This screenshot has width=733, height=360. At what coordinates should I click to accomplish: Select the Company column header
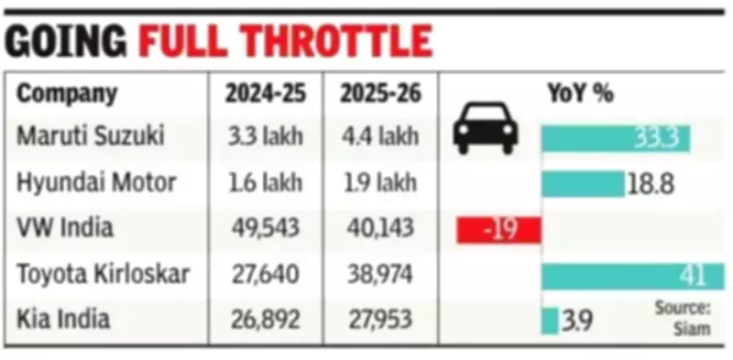coord(68,93)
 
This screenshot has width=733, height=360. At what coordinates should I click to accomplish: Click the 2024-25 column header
coord(266,93)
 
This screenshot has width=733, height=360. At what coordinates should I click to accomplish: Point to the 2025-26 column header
coord(379,93)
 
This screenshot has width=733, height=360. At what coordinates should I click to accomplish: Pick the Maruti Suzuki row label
coord(91,137)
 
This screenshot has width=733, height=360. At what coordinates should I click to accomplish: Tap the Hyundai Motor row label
coord(96,182)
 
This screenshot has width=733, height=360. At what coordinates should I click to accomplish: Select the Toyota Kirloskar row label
coord(105,274)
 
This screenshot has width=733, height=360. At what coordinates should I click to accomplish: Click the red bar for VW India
coord(498,229)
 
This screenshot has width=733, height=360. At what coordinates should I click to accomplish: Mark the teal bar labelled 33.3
coord(616,138)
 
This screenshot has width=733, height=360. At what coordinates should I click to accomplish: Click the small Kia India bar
coord(549,321)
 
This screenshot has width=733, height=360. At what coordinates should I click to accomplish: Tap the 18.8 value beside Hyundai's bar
coord(651,184)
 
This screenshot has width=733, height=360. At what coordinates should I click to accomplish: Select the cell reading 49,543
coord(266,228)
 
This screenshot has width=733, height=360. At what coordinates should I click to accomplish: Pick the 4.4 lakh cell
coord(379,137)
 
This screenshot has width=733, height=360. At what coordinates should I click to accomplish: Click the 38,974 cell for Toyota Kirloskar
coord(379,274)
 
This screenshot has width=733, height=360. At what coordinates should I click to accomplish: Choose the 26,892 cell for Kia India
coord(266,320)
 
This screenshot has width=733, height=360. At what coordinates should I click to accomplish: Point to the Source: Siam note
coord(682,318)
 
